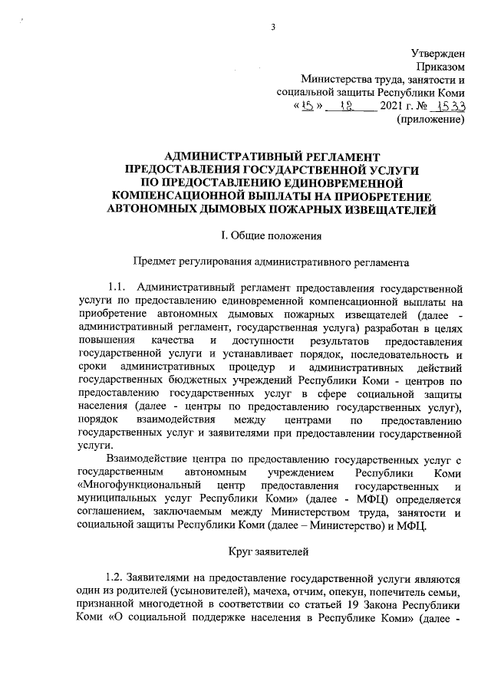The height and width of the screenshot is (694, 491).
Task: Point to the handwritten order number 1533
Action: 450,107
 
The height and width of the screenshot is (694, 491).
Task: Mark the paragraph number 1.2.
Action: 114,577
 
